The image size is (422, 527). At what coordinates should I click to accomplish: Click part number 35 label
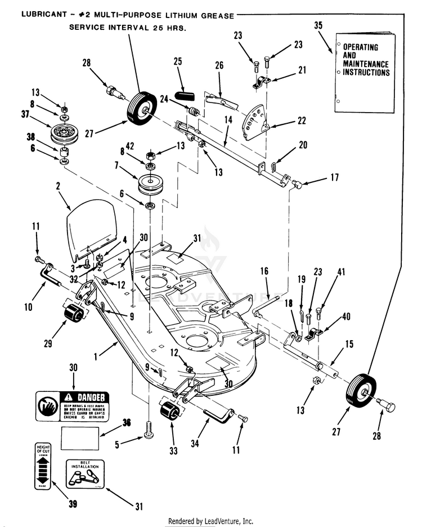click(x=318, y=26)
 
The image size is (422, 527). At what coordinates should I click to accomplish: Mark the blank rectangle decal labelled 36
click(x=80, y=437)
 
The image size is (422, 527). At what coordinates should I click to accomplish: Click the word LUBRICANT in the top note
click(x=42, y=14)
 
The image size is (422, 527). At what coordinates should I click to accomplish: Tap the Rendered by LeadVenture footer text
click(x=210, y=521)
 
